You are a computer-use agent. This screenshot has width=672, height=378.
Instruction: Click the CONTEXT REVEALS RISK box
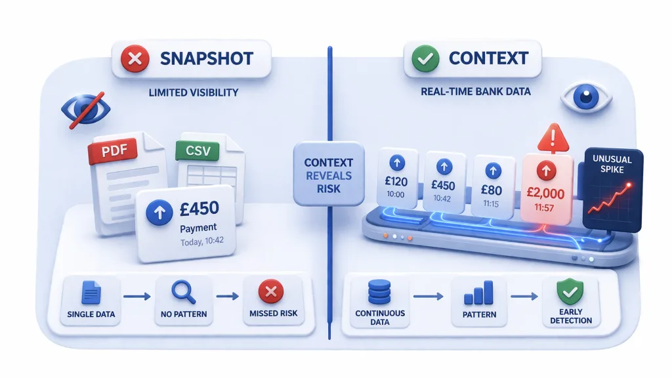click(x=328, y=175)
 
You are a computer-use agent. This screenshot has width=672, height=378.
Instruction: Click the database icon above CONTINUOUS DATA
click(x=380, y=291)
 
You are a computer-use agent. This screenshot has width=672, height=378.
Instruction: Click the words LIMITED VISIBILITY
click(x=194, y=93)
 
